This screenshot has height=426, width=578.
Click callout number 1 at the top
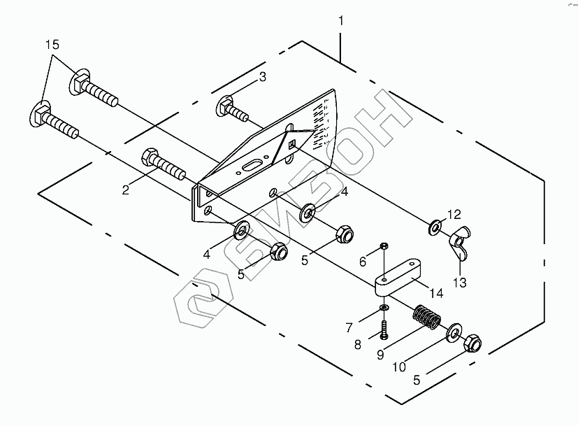click(x=341, y=22)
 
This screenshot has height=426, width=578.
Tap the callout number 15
click(x=53, y=45)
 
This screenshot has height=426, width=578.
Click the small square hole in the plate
click(x=293, y=145)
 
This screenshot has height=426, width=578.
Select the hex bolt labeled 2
click(x=164, y=165)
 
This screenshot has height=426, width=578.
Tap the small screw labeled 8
click(x=384, y=327)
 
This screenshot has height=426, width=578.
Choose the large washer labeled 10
click(x=455, y=332)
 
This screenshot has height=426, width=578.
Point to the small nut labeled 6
click(x=384, y=246)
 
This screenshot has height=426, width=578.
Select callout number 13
click(x=460, y=283)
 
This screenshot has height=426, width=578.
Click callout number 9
click(x=381, y=354)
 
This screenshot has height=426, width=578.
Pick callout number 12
click(x=455, y=214)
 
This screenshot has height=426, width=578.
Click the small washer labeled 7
click(x=384, y=308)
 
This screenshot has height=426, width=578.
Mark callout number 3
click(x=262, y=78)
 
